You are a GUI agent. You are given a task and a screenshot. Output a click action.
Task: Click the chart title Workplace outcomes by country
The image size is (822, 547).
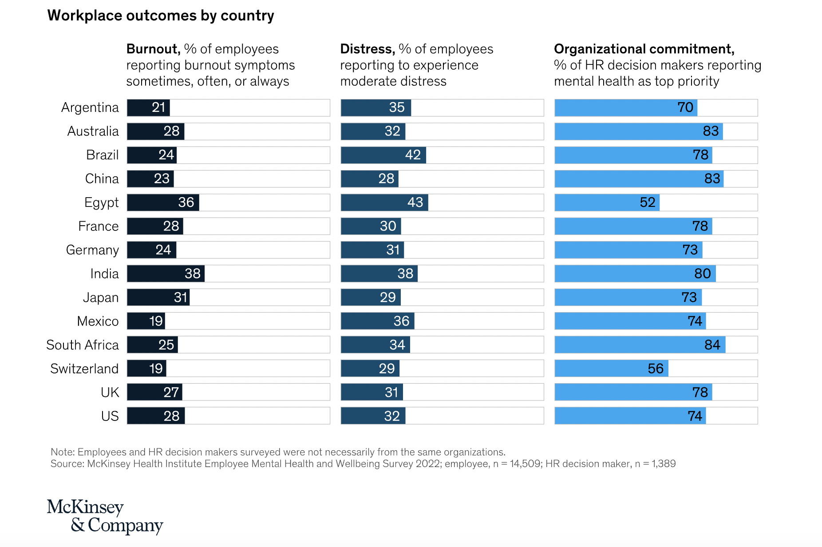click(x=161, y=16)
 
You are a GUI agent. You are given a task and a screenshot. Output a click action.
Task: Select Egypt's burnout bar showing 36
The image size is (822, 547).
click(x=163, y=202)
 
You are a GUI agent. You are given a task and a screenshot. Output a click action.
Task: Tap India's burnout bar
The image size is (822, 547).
click(x=166, y=273)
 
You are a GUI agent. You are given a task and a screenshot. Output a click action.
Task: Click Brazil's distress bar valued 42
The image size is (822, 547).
click(x=383, y=155)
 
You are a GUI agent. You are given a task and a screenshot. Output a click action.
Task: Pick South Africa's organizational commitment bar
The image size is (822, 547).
click(x=640, y=345)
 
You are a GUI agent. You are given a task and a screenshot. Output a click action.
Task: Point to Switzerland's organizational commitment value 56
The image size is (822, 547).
click(x=655, y=369)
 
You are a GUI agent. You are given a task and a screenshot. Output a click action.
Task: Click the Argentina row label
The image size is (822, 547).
click(x=90, y=107)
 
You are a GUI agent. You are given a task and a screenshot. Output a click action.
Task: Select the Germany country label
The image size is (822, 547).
click(x=92, y=250)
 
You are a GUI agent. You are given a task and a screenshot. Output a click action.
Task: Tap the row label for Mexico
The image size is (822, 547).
click(x=98, y=321)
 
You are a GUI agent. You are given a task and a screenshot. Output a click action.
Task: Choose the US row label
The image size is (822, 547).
click(x=110, y=416)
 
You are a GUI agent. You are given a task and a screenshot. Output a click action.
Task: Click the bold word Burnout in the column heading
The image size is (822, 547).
click(x=153, y=49)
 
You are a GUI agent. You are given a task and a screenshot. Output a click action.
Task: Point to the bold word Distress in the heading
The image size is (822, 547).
click(x=368, y=49)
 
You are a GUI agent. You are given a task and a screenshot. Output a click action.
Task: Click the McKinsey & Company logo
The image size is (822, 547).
click(x=105, y=516)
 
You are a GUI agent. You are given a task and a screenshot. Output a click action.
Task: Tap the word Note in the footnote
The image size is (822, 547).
click(x=62, y=452)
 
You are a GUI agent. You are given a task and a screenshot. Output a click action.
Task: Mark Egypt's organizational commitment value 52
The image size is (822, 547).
click(x=648, y=202)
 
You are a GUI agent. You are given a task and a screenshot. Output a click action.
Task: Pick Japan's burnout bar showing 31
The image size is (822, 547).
click(x=158, y=297)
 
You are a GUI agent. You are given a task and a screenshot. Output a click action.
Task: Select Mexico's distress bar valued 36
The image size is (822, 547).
click(x=377, y=321)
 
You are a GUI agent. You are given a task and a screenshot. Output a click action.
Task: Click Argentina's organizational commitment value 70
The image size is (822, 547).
click(x=685, y=107)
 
